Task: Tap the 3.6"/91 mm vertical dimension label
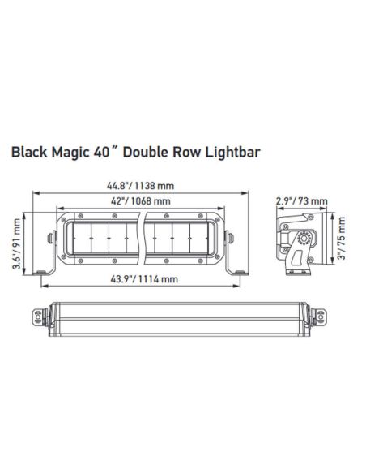(x=17, y=241)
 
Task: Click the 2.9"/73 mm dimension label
(x=301, y=200)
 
